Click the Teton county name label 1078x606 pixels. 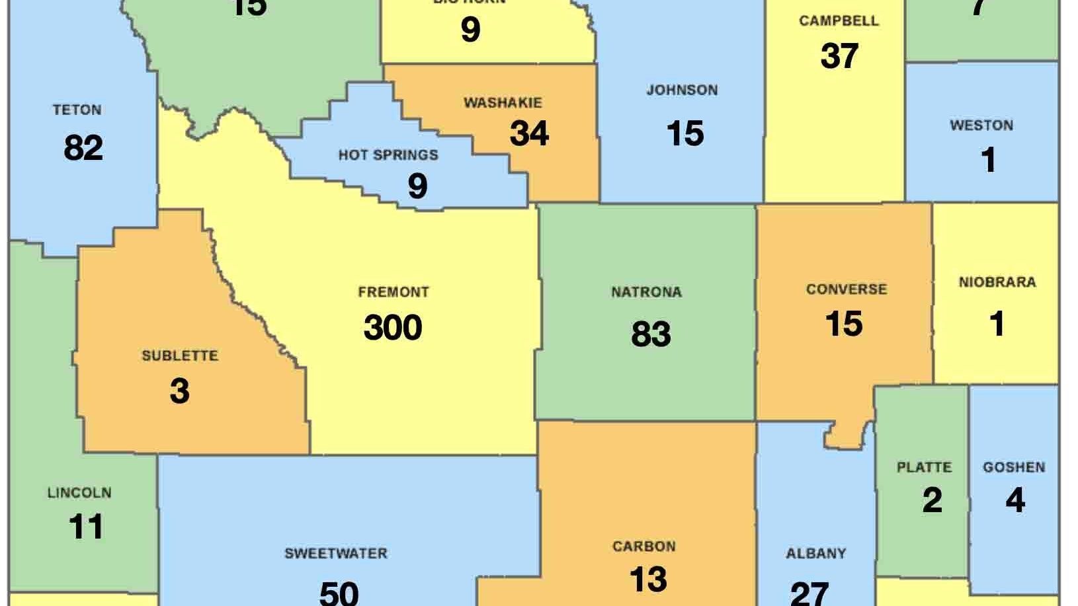coord(77,110)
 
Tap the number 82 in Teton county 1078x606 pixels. coord(83,147)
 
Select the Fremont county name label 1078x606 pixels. coord(394,291)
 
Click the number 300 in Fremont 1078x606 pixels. coord(393,328)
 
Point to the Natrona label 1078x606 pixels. coord(646,292)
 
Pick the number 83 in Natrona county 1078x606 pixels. coord(651,334)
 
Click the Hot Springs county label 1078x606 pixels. coord(388,155)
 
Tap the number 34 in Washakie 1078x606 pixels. coord(529,133)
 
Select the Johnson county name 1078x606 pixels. coord(682,90)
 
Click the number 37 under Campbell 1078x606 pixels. coord(839,56)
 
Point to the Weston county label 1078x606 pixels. coord(981,126)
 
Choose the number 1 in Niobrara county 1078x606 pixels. coord(997,324)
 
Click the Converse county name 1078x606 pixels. coord(847,289)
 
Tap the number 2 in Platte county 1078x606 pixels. coord(932,500)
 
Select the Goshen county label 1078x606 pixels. coord(1014,467)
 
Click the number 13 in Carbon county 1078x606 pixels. coord(648,579)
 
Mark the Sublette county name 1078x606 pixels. coord(179,356)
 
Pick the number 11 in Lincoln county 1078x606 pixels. coord(86,527)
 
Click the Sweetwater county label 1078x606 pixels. coord(336,553)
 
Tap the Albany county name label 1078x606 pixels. coord(815,554)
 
